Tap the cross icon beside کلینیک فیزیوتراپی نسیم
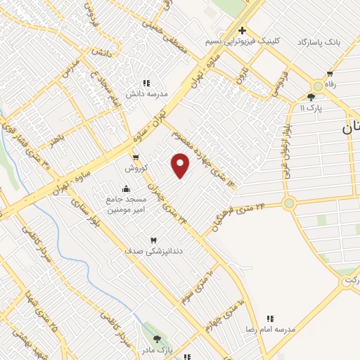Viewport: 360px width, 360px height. point(242,30)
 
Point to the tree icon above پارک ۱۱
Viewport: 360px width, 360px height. point(311,97)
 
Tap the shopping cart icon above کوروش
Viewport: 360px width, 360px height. point(135,157)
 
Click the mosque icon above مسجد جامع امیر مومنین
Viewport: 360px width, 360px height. point(125,188)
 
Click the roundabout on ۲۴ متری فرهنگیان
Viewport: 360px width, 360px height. point(288,203)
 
